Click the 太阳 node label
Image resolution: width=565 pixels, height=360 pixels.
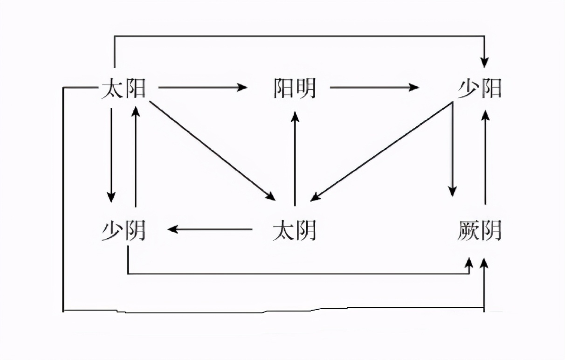click(x=124, y=88)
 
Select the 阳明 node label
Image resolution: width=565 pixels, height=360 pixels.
click(x=294, y=88)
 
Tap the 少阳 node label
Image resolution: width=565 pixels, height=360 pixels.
click(x=479, y=88)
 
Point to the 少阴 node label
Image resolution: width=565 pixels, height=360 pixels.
click(x=124, y=230)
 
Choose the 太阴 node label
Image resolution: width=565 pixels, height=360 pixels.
click(x=294, y=230)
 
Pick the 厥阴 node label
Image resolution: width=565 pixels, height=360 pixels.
click(x=479, y=230)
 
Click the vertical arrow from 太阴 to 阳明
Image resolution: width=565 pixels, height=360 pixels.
click(x=295, y=159)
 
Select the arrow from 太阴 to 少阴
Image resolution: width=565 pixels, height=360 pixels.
click(x=210, y=229)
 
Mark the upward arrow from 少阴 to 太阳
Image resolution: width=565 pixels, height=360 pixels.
click(x=135, y=156)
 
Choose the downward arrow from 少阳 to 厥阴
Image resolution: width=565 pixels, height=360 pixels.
click(x=452, y=149)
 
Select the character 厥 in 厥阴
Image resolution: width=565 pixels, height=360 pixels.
click(x=468, y=230)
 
